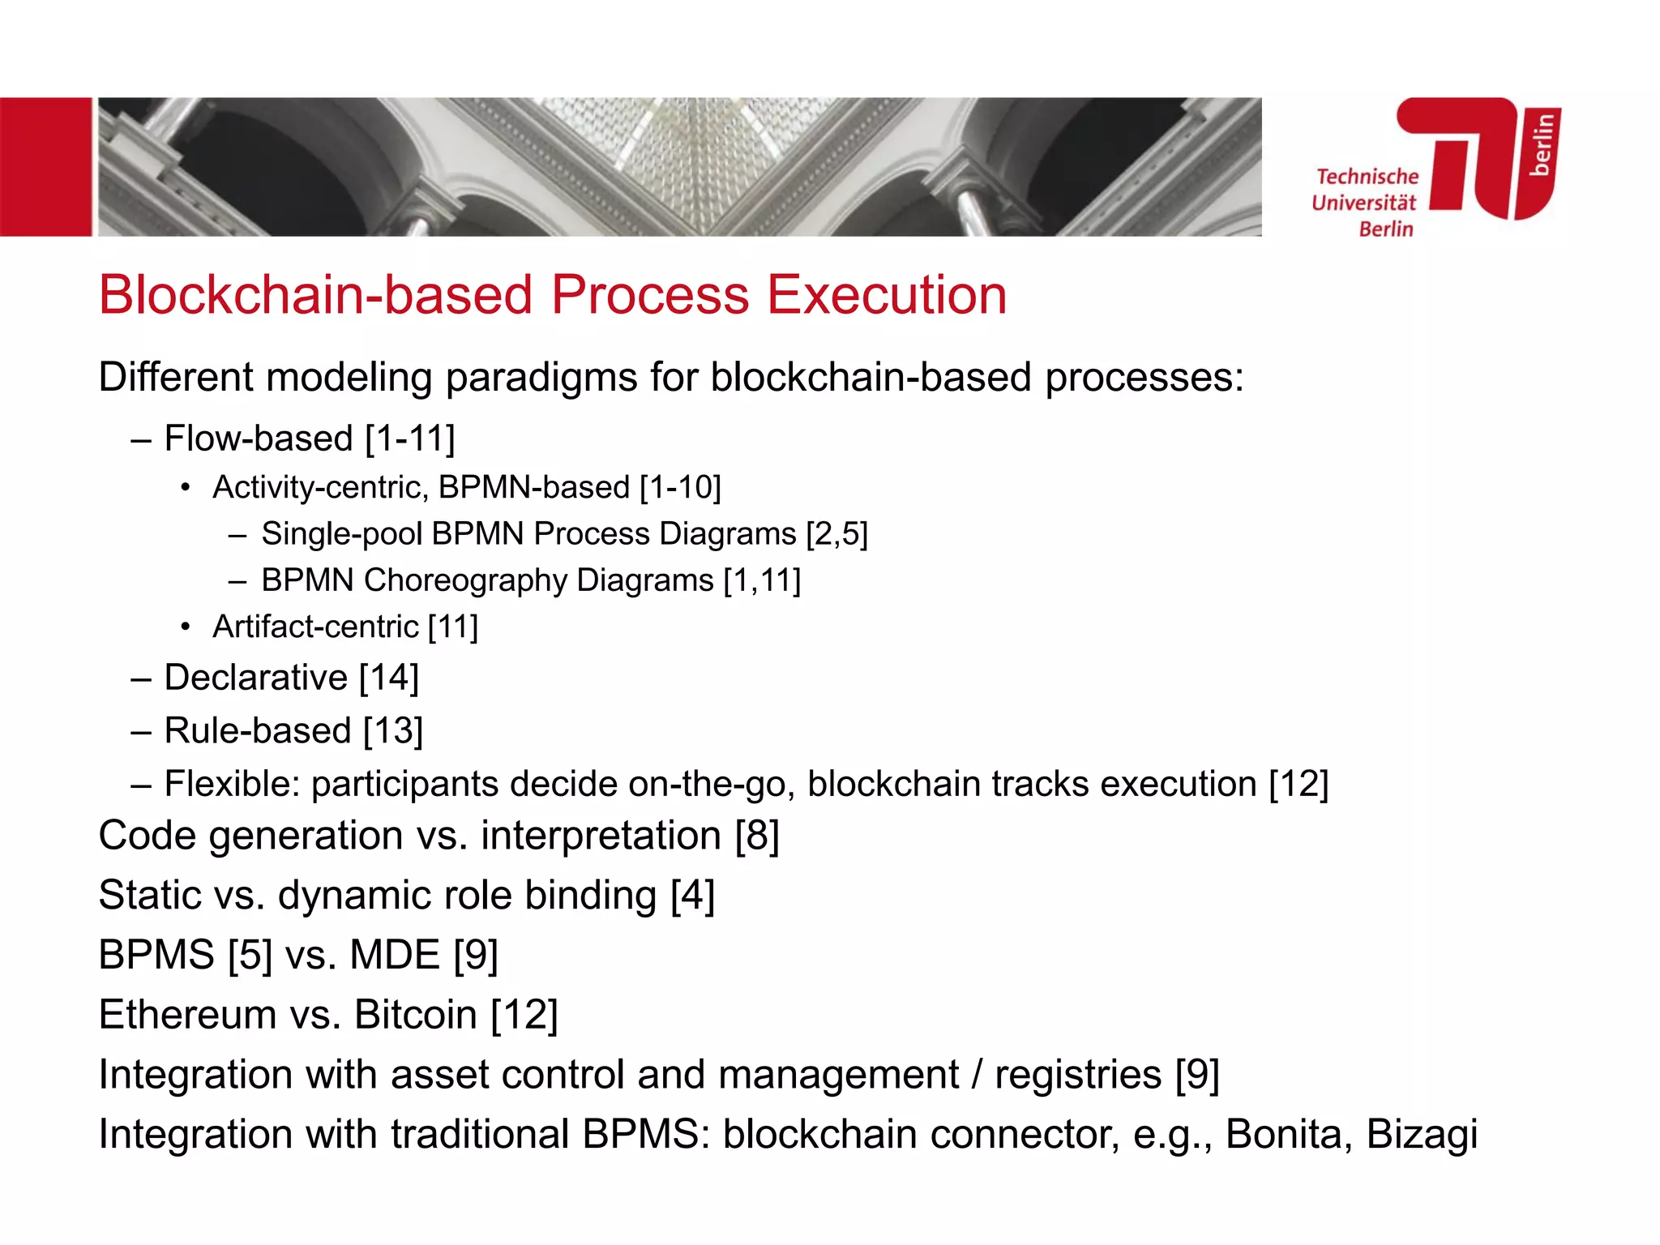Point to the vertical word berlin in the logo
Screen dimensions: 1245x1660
coord(1542,144)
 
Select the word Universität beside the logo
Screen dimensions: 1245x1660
coord(1364,203)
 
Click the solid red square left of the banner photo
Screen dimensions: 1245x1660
coord(45,167)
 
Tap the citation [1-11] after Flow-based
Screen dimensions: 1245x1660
coord(409,439)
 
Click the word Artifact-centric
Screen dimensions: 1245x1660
coord(315,627)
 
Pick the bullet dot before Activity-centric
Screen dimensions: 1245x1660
coord(186,488)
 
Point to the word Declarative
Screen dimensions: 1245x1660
coord(255,678)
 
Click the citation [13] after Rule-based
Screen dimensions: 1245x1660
coord(393,731)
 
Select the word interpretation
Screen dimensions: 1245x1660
coord(601,836)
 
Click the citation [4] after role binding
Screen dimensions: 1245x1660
coord(692,896)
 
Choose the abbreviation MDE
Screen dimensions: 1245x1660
coord(394,955)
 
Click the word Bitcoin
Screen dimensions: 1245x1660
coord(416,1015)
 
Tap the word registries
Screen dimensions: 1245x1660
coord(1078,1075)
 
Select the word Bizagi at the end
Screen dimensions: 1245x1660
coord(1422,1134)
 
